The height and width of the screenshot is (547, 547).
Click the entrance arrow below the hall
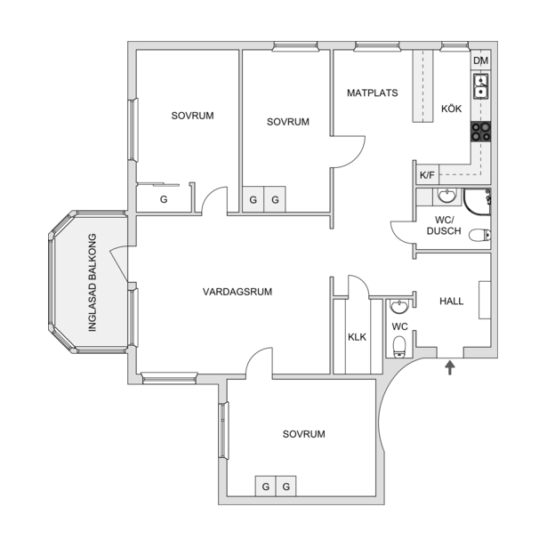450,367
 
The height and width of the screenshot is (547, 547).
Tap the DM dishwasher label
480,60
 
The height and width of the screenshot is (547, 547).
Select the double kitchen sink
481,86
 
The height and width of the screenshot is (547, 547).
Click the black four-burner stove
480,132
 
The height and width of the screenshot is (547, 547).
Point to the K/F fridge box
427,174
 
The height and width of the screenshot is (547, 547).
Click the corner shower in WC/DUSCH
478,202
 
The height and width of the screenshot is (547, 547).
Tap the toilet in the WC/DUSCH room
480,235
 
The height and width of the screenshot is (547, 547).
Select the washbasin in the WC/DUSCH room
446,196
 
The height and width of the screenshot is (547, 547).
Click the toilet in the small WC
399,347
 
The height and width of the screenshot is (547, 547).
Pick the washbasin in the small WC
399,307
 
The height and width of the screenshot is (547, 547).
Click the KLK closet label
357,337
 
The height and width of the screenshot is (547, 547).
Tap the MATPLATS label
372,93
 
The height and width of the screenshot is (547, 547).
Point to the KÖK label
451,109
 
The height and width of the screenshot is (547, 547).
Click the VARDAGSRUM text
237,292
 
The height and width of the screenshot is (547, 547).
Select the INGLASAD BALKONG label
93,282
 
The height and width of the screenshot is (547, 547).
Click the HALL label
452,301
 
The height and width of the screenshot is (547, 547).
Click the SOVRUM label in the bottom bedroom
303,434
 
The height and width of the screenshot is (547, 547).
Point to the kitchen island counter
422,86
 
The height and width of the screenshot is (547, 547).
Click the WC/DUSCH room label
444,225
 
